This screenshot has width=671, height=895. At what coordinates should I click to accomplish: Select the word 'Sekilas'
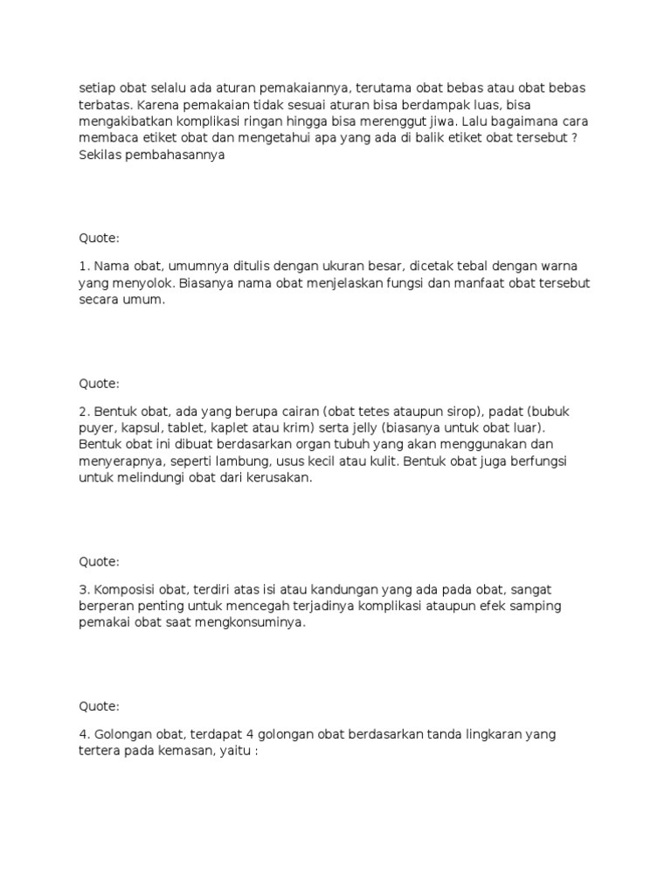click(x=100, y=155)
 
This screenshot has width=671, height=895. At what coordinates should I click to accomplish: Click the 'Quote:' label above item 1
click(x=100, y=239)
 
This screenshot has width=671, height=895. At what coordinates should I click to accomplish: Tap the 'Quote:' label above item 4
click(x=100, y=706)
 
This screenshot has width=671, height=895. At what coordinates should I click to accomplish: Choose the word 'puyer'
click(x=96, y=427)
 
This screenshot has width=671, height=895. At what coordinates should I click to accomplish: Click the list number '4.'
click(x=84, y=734)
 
